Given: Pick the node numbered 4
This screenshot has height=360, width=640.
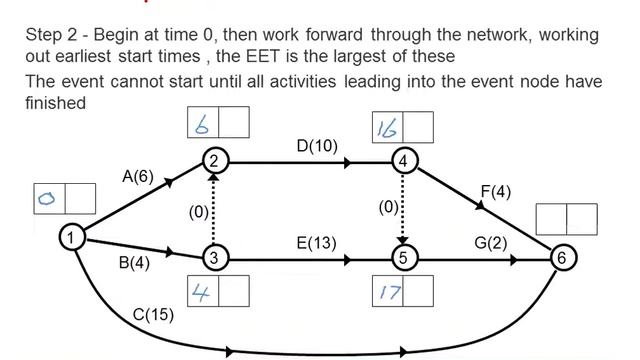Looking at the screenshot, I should [x=402, y=160].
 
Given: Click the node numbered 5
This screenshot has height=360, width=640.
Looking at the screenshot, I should [x=402, y=257].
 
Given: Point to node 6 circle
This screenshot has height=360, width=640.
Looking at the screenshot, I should [x=564, y=257].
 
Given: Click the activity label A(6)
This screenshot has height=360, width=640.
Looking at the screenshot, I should [x=138, y=177].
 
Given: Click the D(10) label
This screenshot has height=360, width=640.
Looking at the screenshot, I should [x=317, y=146].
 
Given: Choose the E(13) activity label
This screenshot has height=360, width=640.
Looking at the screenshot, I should [x=317, y=243].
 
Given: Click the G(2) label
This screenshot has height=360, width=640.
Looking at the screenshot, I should [x=492, y=243].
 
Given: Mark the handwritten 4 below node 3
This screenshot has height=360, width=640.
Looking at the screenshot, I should [x=201, y=290].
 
